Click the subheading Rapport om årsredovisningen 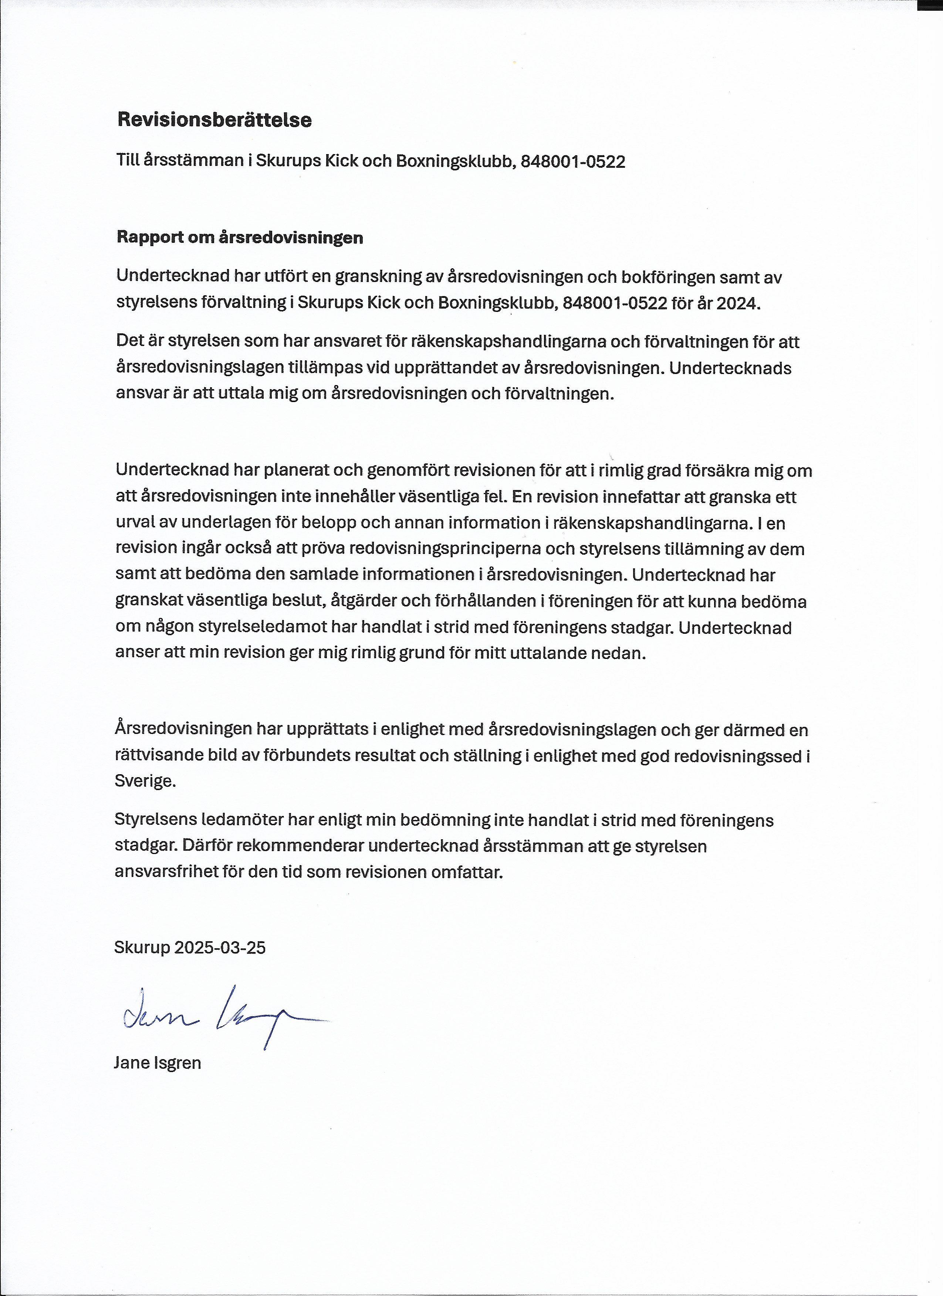point(240,237)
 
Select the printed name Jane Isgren point(157,1063)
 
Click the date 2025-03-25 point(220,948)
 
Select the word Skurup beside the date point(142,948)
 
